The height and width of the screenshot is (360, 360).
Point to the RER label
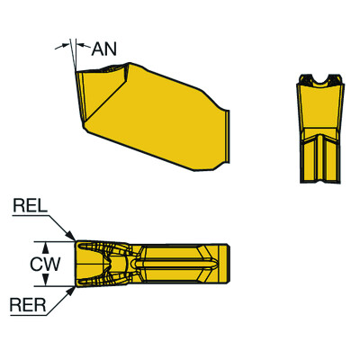click(x=29, y=304)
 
